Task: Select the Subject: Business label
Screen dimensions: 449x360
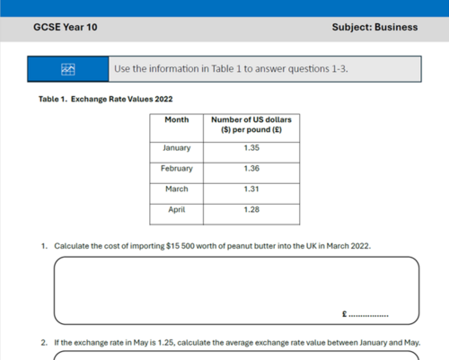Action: (374, 27)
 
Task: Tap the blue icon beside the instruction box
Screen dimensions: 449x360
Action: (67, 69)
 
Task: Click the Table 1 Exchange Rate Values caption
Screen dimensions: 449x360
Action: (105, 99)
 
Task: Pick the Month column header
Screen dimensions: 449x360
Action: (176, 119)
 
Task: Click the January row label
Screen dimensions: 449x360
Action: (176, 147)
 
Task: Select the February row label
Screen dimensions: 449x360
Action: (176, 168)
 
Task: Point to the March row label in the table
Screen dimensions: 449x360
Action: (176, 189)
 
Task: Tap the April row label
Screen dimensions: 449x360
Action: (176, 209)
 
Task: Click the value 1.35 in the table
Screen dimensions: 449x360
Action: (251, 147)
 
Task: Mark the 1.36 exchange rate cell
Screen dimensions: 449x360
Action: (251, 168)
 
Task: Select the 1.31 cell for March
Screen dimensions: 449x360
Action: (251, 189)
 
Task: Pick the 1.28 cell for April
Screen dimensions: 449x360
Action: (251, 209)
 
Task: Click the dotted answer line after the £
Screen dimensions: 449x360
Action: (368, 317)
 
